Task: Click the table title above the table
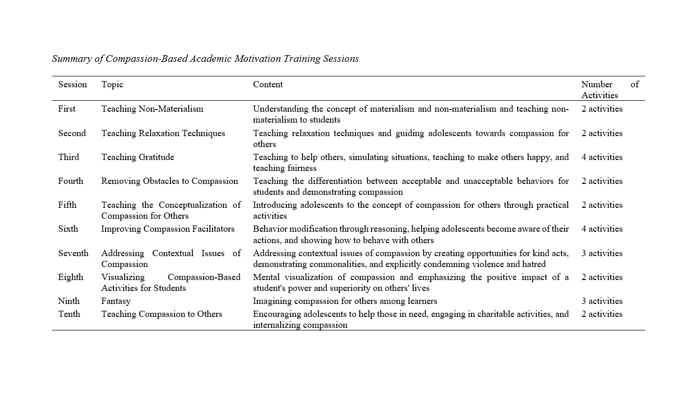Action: coord(205,59)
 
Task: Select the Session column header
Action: coord(72,85)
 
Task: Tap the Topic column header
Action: coord(112,85)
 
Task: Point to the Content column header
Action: coord(268,85)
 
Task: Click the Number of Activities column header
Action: coord(609,90)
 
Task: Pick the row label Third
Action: coord(69,157)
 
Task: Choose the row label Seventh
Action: coord(73,254)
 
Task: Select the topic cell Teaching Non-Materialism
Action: coord(152,109)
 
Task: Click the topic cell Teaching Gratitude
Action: coord(138,157)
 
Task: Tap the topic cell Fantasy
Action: coord(116,301)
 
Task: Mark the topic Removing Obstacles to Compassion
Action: coord(169,181)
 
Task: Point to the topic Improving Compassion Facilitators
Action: coord(168,229)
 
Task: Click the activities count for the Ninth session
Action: coord(602,301)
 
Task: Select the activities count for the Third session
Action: coord(602,157)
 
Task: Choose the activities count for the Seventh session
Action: coord(602,254)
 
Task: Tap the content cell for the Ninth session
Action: coord(345,301)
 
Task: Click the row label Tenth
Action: coord(69,314)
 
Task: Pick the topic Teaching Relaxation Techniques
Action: coord(163,134)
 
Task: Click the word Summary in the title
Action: coord(72,59)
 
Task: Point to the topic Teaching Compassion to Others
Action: coord(162,314)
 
